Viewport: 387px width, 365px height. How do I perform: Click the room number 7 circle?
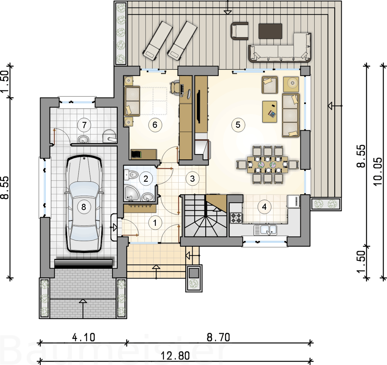[84, 125]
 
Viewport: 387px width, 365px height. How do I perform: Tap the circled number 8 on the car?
[83, 207]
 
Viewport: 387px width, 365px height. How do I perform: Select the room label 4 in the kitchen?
[264, 207]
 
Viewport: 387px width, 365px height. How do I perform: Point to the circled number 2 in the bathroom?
[146, 179]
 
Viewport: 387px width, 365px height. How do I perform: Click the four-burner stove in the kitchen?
[236, 218]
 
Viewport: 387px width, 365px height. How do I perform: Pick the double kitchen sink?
[265, 230]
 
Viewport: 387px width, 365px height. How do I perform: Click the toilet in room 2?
[131, 174]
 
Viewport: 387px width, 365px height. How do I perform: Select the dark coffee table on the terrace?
[270, 31]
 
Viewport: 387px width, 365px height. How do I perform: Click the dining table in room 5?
[268, 165]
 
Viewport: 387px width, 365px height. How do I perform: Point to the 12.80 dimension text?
[175, 356]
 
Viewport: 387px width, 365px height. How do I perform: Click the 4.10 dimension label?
[83, 337]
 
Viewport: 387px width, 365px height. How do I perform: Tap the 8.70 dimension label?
[218, 337]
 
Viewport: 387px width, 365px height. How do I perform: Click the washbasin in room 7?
[83, 139]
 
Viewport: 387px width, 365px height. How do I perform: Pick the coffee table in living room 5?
[269, 112]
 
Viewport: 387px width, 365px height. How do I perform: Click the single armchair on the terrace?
[239, 31]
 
